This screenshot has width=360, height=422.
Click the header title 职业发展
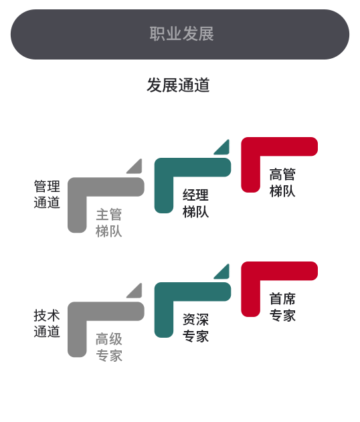click(x=182, y=34)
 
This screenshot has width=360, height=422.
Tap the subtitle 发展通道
click(x=178, y=85)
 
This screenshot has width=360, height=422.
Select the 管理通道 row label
click(x=47, y=195)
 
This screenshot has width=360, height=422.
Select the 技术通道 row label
click(x=47, y=323)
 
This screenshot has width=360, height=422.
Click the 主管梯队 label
click(x=109, y=223)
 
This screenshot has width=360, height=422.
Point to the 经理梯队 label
click(x=196, y=203)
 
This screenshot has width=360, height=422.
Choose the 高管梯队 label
click(x=282, y=183)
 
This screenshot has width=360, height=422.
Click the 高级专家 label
click(x=109, y=347)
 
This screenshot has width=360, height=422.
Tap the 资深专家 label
click(x=196, y=328)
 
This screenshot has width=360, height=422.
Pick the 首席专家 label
click(x=282, y=307)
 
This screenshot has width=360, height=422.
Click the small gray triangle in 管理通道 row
click(x=137, y=169)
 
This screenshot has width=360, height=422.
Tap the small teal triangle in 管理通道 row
click(x=224, y=149)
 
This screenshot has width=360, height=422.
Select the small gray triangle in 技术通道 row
click(x=137, y=293)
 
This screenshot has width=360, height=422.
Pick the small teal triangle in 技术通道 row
click(x=224, y=274)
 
